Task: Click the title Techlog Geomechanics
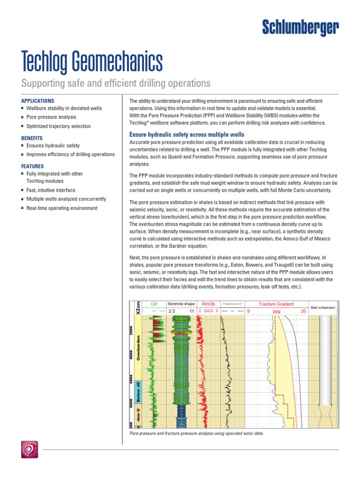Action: (x=92, y=62)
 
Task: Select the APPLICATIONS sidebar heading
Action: (x=37, y=101)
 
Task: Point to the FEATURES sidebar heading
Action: (x=32, y=166)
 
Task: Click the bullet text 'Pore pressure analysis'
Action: (x=51, y=117)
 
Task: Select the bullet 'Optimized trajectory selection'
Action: (x=59, y=127)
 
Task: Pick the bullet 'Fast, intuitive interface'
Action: (x=57, y=190)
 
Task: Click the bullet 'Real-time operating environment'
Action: (x=62, y=208)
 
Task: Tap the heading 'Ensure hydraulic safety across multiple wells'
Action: (x=187, y=135)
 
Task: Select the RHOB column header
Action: (x=208, y=304)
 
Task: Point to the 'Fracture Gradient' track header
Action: (x=277, y=304)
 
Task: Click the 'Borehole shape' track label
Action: (x=181, y=304)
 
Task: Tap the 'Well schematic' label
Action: (x=323, y=307)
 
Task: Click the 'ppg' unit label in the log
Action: (x=276, y=311)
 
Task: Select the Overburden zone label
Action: (x=138, y=347)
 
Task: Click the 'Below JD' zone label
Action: (x=138, y=392)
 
